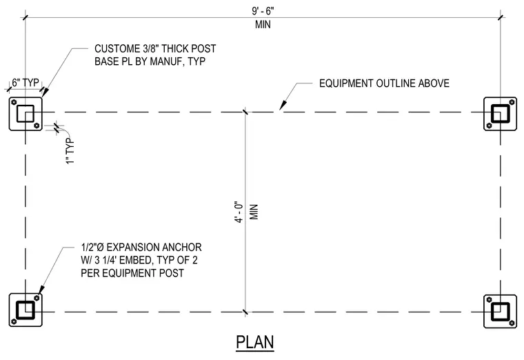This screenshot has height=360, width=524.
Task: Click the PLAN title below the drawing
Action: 255,342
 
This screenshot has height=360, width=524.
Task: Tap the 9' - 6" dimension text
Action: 263,11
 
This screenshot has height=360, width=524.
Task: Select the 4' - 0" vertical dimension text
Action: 240,212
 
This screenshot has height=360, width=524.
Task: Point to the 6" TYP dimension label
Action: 26,82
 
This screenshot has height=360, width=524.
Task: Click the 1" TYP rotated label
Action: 70,151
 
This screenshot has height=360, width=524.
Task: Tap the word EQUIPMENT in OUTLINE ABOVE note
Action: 346,83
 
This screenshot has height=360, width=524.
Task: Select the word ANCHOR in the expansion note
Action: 182,248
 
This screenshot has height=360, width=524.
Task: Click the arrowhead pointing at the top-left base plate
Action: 45,92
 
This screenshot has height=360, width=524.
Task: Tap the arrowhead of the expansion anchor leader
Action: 41,290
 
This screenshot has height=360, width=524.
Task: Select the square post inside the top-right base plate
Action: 501,114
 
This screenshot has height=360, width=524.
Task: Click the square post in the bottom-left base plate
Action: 25,310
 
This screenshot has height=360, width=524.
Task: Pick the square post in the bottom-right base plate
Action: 501,310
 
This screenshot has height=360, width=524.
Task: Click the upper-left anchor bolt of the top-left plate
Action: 14,102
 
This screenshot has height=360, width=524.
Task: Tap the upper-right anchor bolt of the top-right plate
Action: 512,102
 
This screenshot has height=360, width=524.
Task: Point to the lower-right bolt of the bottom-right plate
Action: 512,323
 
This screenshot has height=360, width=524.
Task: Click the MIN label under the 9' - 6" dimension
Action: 263,24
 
